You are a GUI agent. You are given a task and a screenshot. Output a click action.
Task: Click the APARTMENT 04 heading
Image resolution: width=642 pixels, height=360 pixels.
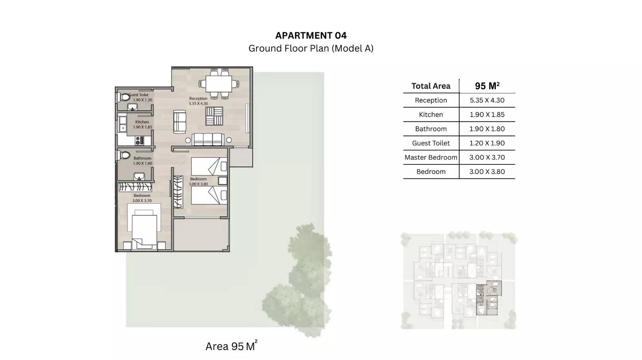tap(311, 35)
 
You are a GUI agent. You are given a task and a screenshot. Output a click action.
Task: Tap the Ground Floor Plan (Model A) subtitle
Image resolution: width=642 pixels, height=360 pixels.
tap(311, 48)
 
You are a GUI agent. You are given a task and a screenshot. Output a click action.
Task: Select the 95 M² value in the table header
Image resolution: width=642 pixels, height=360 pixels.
tap(487, 86)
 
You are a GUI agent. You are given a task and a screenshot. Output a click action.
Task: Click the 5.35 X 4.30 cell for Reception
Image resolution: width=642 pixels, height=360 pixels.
tap(487, 100)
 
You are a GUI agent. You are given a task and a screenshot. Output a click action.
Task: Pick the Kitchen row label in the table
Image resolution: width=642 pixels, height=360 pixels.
tap(431, 114)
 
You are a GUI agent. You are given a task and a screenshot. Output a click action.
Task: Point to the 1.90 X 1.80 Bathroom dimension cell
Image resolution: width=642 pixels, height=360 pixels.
tap(487, 129)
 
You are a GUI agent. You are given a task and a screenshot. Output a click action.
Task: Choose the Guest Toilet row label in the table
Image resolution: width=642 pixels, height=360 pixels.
tap(431, 143)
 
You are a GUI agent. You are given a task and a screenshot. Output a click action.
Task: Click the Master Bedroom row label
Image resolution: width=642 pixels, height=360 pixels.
tap(431, 157)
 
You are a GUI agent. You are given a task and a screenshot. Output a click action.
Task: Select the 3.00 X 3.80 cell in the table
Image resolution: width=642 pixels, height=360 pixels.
tap(487, 172)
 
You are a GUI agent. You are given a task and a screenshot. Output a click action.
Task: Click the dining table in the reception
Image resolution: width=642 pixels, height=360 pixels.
tap(219, 84)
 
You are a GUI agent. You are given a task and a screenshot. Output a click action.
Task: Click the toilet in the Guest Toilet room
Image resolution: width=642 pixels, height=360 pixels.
tap(124, 97)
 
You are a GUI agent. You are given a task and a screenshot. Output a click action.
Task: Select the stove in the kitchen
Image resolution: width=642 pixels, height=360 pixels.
tap(139, 140)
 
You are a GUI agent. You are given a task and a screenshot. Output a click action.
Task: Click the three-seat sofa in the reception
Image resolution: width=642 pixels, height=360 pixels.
tap(208, 139)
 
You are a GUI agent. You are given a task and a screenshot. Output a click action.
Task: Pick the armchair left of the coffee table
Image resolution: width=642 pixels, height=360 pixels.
tap(180, 122)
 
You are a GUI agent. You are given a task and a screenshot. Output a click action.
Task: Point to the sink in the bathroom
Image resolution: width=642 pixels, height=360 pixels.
tap(139, 176)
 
